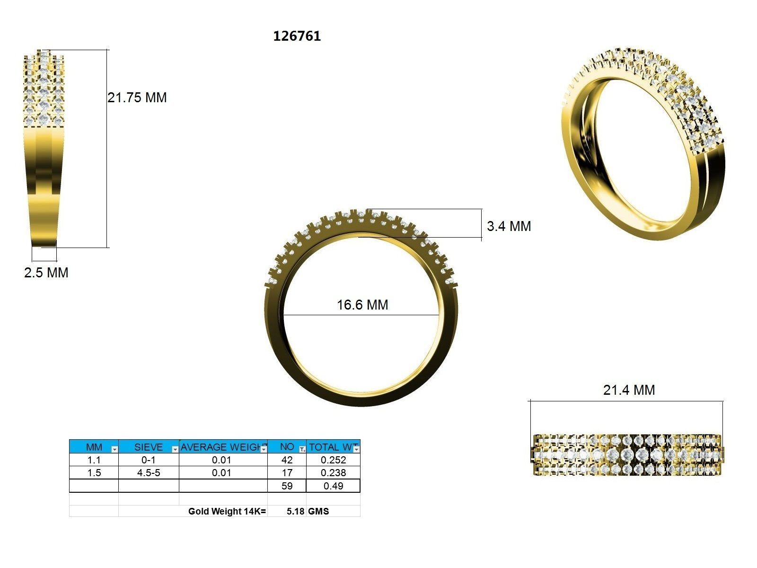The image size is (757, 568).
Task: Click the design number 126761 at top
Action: coord(297,36)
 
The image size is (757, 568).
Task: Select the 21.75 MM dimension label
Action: coord(137,98)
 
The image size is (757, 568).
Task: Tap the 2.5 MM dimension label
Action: coord(46,273)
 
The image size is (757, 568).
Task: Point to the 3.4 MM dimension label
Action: coord(509,226)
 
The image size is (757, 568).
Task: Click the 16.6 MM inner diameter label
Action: coord(362,304)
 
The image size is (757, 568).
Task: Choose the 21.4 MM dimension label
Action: coord(629,390)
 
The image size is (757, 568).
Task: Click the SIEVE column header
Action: coord(148,447)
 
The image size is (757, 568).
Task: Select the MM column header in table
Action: coord(94,447)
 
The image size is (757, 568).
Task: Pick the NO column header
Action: coord(287,447)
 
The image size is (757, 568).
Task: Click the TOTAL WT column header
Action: coord(333,447)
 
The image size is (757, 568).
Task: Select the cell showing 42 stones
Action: coord(287,460)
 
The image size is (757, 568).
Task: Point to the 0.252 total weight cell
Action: coord(333,460)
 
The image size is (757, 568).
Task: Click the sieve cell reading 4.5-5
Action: coord(149,472)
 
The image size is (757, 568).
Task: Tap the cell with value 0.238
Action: coord(333,472)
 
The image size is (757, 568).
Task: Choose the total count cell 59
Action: coord(287,486)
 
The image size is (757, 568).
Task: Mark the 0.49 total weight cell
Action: coord(333,486)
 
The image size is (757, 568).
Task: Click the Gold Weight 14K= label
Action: coord(227,511)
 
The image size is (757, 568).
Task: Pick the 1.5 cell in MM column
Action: coord(94,472)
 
